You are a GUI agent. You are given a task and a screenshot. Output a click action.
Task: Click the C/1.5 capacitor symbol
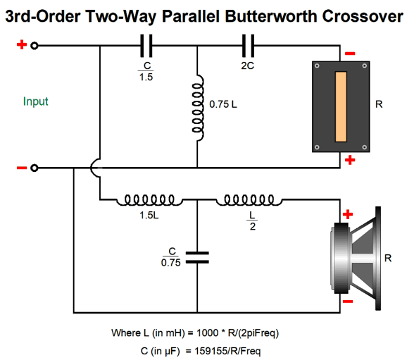pos(146,46)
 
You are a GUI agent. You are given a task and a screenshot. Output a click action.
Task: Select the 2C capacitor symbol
pos(248,46)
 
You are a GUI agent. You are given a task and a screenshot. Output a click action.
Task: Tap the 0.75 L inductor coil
pos(198,108)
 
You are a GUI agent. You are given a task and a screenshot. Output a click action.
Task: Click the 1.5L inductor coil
pos(149,200)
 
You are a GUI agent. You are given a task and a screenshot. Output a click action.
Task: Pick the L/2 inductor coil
pos(249,200)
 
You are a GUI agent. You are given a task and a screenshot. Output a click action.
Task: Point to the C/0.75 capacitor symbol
pos(197,257)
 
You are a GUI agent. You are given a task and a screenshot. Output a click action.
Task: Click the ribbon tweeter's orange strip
pos(341,107)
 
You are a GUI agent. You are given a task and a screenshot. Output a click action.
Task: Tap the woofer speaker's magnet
pos(341,258)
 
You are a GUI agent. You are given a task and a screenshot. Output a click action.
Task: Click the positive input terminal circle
pos(35,46)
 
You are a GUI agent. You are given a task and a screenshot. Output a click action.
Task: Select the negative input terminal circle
pos(35,168)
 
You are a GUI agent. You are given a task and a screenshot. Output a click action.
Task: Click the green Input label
pos(36,101)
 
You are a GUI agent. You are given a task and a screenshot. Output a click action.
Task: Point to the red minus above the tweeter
pos(350,54)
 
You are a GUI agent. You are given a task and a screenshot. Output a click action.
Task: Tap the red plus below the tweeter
pos(350,160)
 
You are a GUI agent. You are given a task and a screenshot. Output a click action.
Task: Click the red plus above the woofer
pos(348,214)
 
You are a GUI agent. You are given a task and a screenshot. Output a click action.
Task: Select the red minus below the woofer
pos(348,302)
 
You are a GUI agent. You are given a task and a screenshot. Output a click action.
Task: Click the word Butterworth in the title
pos(270,16)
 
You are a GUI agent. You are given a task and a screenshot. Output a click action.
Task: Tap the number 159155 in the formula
pos(208,351)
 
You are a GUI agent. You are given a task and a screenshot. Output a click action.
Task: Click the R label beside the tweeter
pos(379,104)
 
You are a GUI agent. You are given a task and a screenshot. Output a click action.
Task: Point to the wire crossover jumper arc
pos(94,168)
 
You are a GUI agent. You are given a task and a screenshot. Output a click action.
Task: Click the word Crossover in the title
pos(363,16)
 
